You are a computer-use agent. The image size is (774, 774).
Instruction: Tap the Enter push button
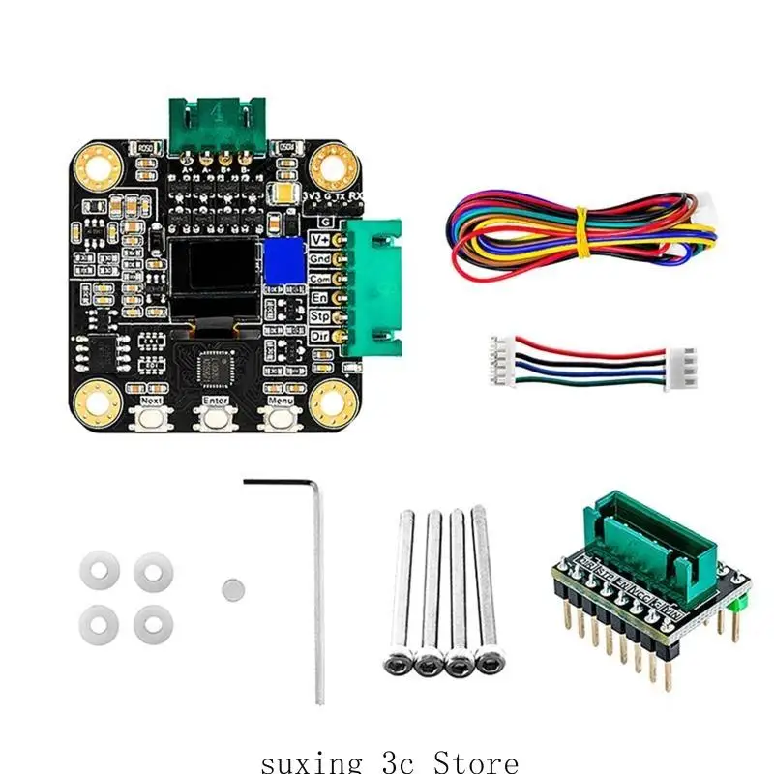pos(216,418)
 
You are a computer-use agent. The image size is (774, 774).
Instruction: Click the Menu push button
pos(281,418)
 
